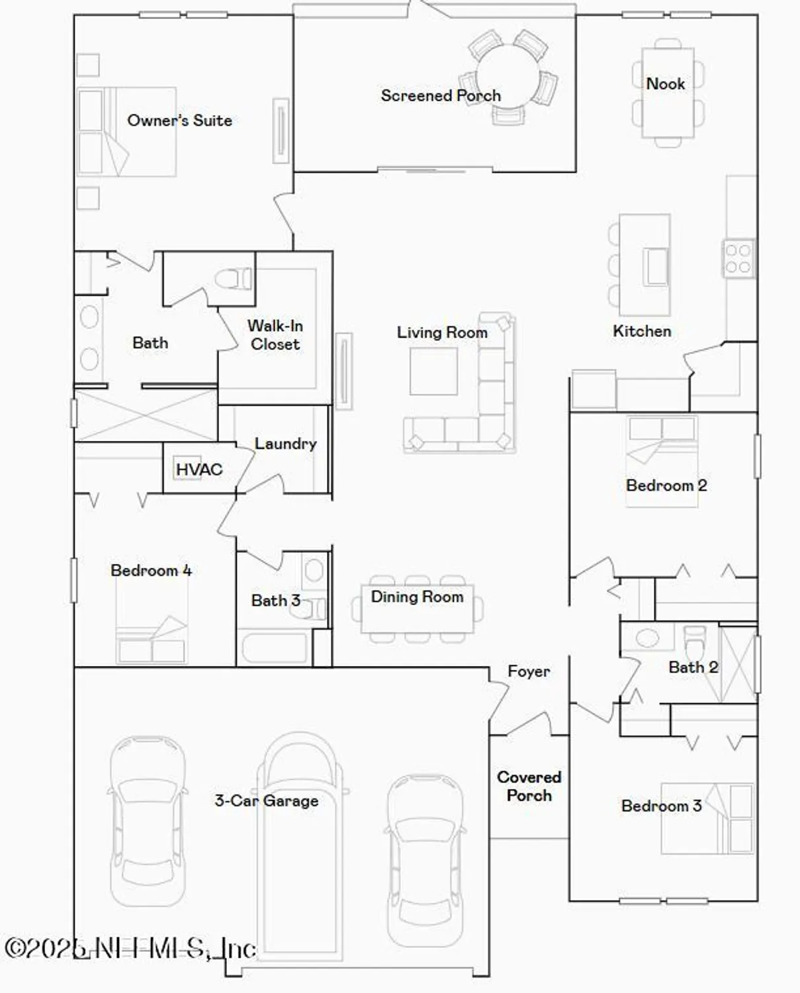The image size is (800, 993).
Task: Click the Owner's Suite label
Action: pos(179,120)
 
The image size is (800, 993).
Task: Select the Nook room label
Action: pos(665,84)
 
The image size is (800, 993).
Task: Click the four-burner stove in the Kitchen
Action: pos(738,259)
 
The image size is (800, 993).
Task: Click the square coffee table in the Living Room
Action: pos(433,371)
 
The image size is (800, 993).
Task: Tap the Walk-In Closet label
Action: pos(275,335)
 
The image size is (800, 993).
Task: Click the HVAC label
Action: pos(199,470)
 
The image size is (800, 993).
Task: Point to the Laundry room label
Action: pos(285,444)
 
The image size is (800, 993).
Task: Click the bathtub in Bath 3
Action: pos(275,648)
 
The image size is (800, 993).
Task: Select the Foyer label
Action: pos(528,671)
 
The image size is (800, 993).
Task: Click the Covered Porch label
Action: pos(529,786)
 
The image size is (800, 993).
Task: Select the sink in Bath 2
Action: pos(646,639)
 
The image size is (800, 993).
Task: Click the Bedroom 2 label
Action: pos(666,485)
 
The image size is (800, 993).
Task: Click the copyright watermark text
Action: pos(130,948)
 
